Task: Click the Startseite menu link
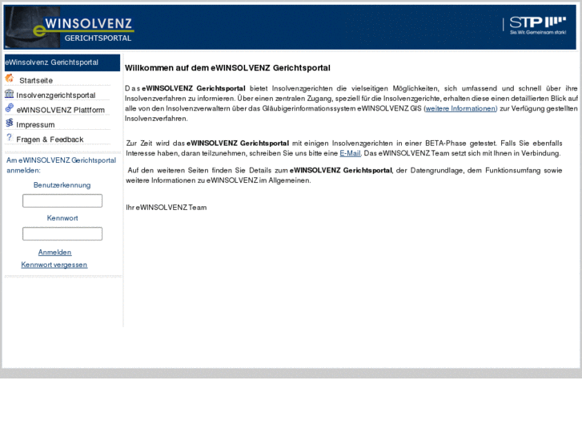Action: [36, 80]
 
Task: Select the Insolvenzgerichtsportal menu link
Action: [55, 95]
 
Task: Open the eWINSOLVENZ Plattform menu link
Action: [60, 110]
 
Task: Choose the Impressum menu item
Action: [35, 124]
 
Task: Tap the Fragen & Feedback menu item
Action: [50, 140]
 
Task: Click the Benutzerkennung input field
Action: [62, 200]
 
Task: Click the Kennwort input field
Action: [62, 233]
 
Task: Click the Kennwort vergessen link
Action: [54, 265]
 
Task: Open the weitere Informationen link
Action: [460, 107]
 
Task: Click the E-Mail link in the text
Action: [350, 153]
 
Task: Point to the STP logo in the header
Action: [537, 26]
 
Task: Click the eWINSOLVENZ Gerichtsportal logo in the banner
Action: [70, 27]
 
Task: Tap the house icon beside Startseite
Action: [10, 79]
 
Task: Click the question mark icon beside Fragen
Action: [9, 138]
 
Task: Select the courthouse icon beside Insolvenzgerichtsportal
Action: [10, 94]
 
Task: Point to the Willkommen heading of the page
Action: [227, 68]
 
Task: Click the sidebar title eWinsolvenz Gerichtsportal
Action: [52, 62]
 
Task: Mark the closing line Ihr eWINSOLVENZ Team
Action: [166, 207]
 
